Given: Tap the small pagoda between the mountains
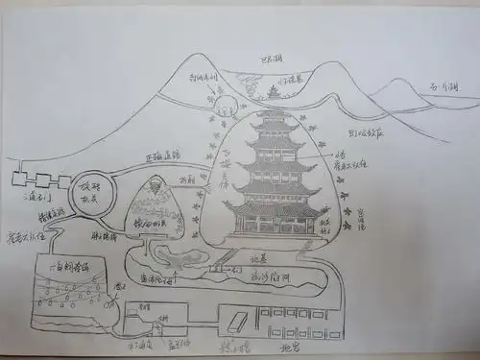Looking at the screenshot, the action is pyautogui.click(x=274, y=91).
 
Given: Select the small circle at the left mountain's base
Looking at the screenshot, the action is pyautogui.click(x=227, y=107).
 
